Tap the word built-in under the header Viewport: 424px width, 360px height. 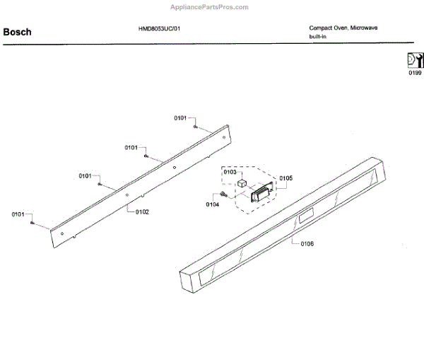pos(317,36)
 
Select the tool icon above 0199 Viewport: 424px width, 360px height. pos(414,60)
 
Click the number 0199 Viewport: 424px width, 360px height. pos(414,73)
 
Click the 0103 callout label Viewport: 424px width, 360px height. pos(230,173)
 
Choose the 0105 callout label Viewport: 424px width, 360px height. pos(285,178)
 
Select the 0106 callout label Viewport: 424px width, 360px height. pos(307,244)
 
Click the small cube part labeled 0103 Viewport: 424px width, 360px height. pos(242,184)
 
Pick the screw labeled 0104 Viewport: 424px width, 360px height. pos(224,194)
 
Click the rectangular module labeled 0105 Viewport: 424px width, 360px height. pos(262,192)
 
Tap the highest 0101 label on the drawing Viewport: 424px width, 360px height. pos(181,118)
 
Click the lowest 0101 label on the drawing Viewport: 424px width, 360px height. pos(18,214)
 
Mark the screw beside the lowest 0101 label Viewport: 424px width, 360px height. pos(33,223)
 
